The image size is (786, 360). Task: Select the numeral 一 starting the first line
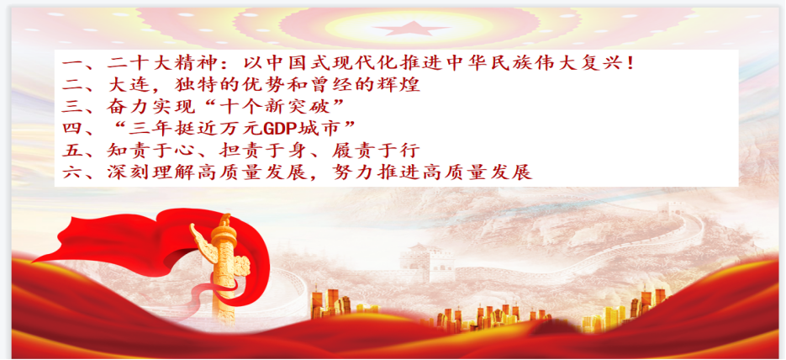coord(72,64)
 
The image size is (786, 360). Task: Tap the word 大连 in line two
coord(130,86)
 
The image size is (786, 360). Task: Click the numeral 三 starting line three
coord(72,108)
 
